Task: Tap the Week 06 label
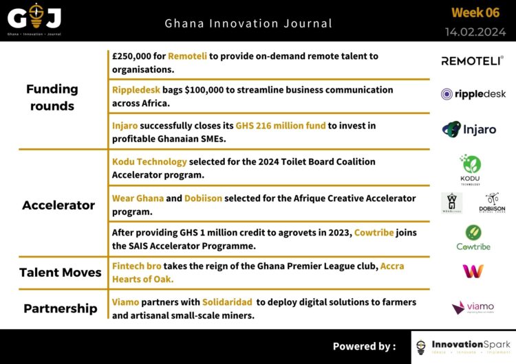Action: [475, 12]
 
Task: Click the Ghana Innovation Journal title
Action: [248, 23]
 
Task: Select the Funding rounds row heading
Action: [52, 98]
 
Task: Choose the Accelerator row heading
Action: [58, 205]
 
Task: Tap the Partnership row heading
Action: [61, 308]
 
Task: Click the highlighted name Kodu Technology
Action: [149, 162]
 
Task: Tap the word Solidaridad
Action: [227, 302]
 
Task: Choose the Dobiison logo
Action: [491, 203]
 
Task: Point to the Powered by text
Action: [364, 346]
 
